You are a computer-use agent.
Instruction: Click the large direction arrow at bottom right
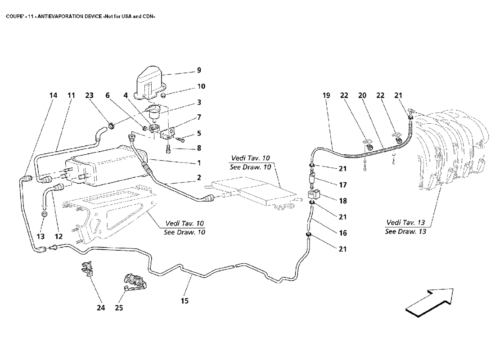click(429, 301)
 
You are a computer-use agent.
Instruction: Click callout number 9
click(198, 70)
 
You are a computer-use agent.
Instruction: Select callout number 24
click(101, 308)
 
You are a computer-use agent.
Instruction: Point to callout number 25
click(118, 308)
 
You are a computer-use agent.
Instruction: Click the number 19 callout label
click(326, 95)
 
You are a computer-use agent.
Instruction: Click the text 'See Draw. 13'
click(405, 232)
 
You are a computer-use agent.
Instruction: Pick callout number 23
click(89, 95)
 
